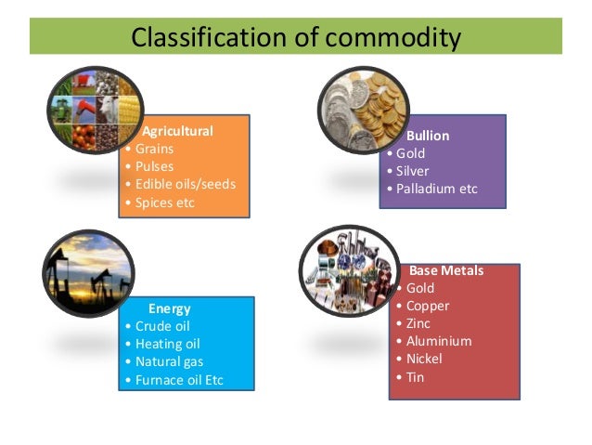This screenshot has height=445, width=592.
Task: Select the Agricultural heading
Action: coord(177,131)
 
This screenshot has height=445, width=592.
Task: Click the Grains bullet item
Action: coord(154,149)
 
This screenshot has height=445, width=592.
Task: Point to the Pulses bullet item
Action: coord(154,166)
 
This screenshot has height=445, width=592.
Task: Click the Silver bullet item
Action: coord(413,171)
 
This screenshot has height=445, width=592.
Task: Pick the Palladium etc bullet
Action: coord(436,189)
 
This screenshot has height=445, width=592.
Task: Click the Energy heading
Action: coord(169,308)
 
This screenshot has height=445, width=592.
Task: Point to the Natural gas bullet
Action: coord(169,361)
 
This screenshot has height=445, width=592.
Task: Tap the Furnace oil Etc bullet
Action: coord(179,380)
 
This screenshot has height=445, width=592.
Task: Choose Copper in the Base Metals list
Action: coord(427,306)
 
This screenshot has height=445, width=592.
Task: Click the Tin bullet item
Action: coord(415,376)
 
